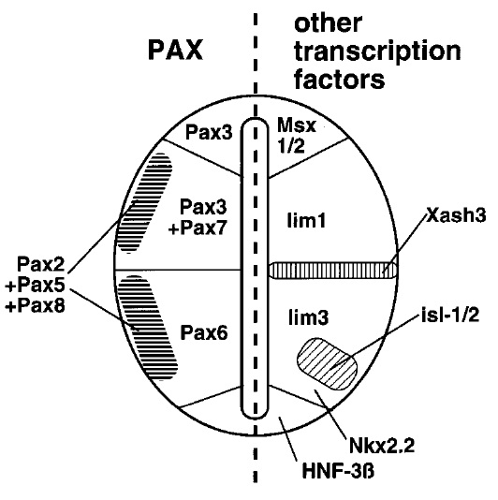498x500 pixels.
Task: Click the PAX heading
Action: (x=175, y=50)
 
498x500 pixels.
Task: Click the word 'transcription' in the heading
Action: (x=377, y=52)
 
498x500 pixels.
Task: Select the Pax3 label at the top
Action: (x=209, y=132)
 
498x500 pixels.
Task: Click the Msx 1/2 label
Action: (x=297, y=135)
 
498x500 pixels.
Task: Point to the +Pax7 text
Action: (x=198, y=228)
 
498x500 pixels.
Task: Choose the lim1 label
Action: (x=306, y=220)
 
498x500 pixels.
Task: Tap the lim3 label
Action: (x=308, y=317)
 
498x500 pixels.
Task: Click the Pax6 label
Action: (x=204, y=332)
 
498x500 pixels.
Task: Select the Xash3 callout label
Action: (x=456, y=215)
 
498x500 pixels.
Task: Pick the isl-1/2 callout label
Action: (x=450, y=315)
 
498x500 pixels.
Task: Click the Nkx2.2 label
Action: (x=382, y=445)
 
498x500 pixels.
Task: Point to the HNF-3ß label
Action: (x=338, y=471)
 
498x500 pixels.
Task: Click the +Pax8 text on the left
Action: (x=35, y=306)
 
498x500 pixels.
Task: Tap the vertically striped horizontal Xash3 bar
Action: (x=334, y=271)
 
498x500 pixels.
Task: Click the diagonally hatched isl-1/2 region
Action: (x=327, y=364)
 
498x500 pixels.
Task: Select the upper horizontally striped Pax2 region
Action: (x=145, y=203)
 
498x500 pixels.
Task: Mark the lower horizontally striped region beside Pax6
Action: (x=147, y=328)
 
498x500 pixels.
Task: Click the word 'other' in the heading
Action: (x=328, y=23)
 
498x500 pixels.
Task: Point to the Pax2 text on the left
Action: (x=41, y=264)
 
